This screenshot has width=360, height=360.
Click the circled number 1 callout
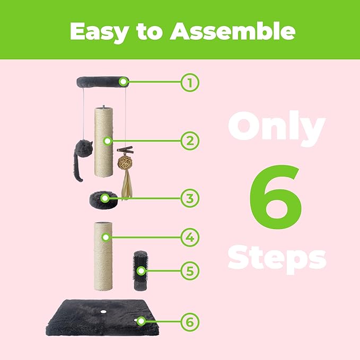[190, 82]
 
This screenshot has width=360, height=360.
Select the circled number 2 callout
[190, 141]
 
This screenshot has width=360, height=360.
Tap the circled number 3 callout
[190, 198]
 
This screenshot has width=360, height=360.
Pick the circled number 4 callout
[190, 238]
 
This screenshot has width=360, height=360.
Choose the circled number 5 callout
[190, 271]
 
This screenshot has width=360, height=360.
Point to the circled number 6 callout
[190, 322]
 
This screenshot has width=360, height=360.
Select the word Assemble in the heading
[232, 31]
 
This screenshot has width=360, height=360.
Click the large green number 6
[276, 197]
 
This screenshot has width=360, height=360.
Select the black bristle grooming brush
[141, 270]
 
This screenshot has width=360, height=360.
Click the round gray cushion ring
[104, 199]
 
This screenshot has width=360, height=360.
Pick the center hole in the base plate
[103, 312]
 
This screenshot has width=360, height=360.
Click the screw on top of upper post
[103, 107]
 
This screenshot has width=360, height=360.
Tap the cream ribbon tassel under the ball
[127, 183]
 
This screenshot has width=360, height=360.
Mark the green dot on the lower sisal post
[106, 238]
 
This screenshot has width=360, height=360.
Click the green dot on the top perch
[124, 82]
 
